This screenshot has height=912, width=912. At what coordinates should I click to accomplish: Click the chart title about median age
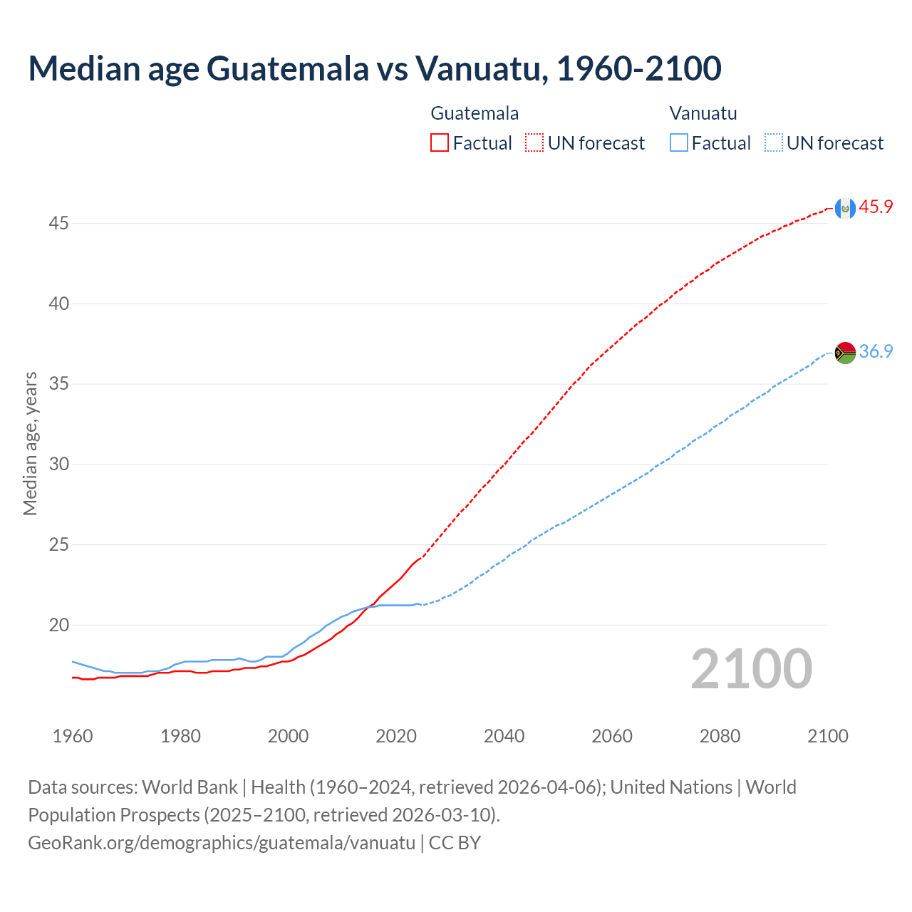(375, 68)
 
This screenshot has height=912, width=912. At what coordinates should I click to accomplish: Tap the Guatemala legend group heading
(475, 113)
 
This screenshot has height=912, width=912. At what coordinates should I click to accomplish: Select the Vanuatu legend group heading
(703, 113)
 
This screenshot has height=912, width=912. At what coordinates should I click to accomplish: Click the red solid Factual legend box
(440, 143)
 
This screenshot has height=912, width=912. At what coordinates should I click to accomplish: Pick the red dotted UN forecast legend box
(534, 143)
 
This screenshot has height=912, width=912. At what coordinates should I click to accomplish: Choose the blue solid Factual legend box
(679, 143)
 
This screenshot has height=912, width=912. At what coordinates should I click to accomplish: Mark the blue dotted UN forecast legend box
(774, 143)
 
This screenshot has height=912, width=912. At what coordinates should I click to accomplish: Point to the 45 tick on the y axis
(58, 224)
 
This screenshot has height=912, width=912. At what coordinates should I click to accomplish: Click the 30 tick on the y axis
(58, 465)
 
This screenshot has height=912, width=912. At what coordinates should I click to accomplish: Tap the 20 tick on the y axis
(58, 626)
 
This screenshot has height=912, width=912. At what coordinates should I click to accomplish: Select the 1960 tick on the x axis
(73, 736)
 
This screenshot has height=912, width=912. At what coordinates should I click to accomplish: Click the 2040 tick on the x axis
(504, 736)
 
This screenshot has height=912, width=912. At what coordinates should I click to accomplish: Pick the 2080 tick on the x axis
(720, 736)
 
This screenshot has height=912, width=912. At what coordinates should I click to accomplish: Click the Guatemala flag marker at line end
(845, 208)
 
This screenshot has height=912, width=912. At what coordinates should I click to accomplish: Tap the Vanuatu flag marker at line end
(845, 353)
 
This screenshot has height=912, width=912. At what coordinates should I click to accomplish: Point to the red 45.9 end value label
(876, 207)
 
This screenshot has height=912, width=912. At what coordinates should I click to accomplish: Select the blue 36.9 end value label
(876, 352)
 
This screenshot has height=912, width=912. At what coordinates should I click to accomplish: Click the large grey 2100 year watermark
(751, 669)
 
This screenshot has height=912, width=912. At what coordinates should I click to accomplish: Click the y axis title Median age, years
(30, 443)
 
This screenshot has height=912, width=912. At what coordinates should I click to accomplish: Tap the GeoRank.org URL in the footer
(222, 843)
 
